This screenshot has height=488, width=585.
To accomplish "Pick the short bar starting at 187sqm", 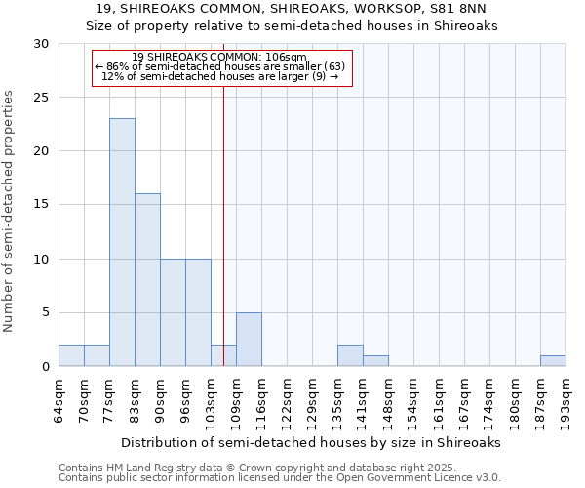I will click(553, 361).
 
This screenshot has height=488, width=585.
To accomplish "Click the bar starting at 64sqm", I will click(71, 355).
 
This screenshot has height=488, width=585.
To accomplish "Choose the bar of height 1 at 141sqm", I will click(375, 361).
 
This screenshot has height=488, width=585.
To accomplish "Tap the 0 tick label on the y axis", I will click(45, 367).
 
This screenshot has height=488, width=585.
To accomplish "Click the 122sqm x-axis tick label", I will click(287, 403).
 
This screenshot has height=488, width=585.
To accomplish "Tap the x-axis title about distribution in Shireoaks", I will click(311, 442).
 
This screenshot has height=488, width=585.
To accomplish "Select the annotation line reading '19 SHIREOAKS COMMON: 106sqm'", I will click(218, 57).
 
